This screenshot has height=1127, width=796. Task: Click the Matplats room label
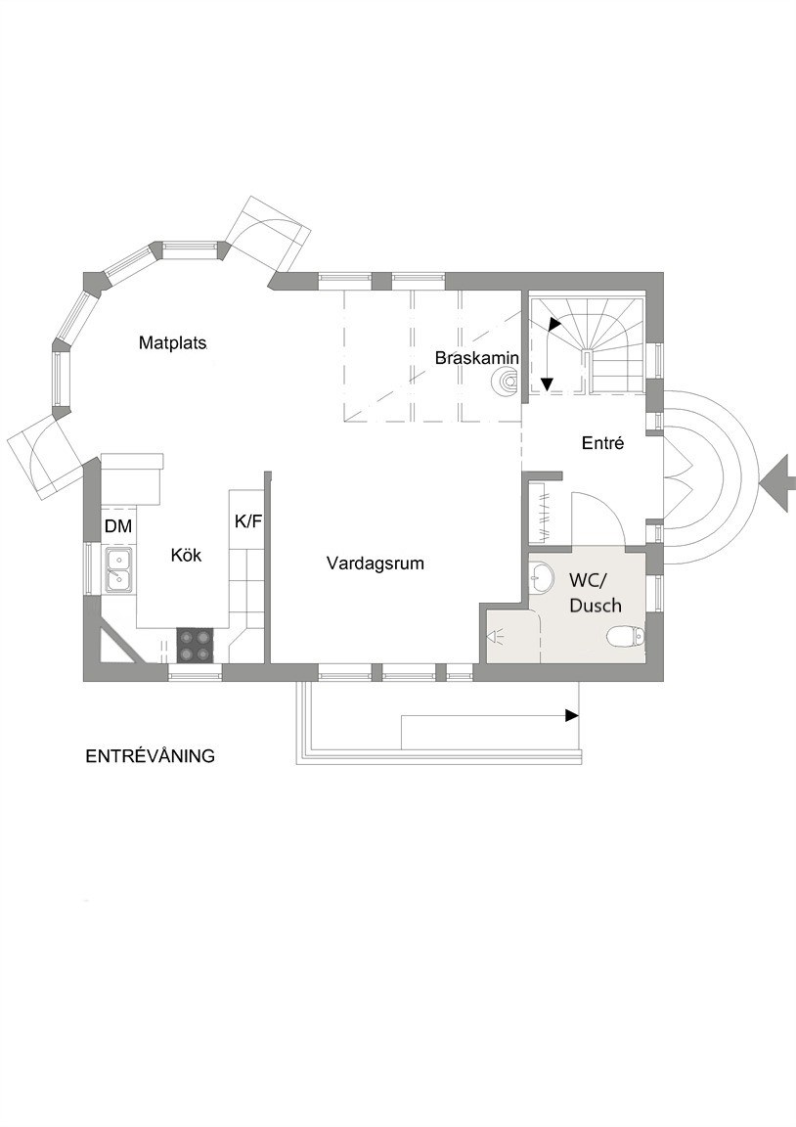click(x=173, y=342)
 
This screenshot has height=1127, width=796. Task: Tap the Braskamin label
click(x=477, y=357)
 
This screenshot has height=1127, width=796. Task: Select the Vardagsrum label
click(x=375, y=563)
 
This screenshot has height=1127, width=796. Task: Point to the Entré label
click(x=602, y=443)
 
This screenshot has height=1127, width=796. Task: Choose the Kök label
click(x=186, y=555)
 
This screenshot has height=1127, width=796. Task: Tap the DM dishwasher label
click(x=118, y=526)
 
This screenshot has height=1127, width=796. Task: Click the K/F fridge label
click(x=247, y=521)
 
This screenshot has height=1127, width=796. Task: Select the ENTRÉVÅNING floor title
click(x=151, y=756)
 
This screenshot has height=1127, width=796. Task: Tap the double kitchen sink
click(x=118, y=569)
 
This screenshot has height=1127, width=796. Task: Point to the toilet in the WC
click(x=625, y=636)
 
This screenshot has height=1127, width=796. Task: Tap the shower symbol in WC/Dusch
click(x=497, y=636)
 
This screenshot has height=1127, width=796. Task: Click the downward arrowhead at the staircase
click(x=547, y=385)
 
